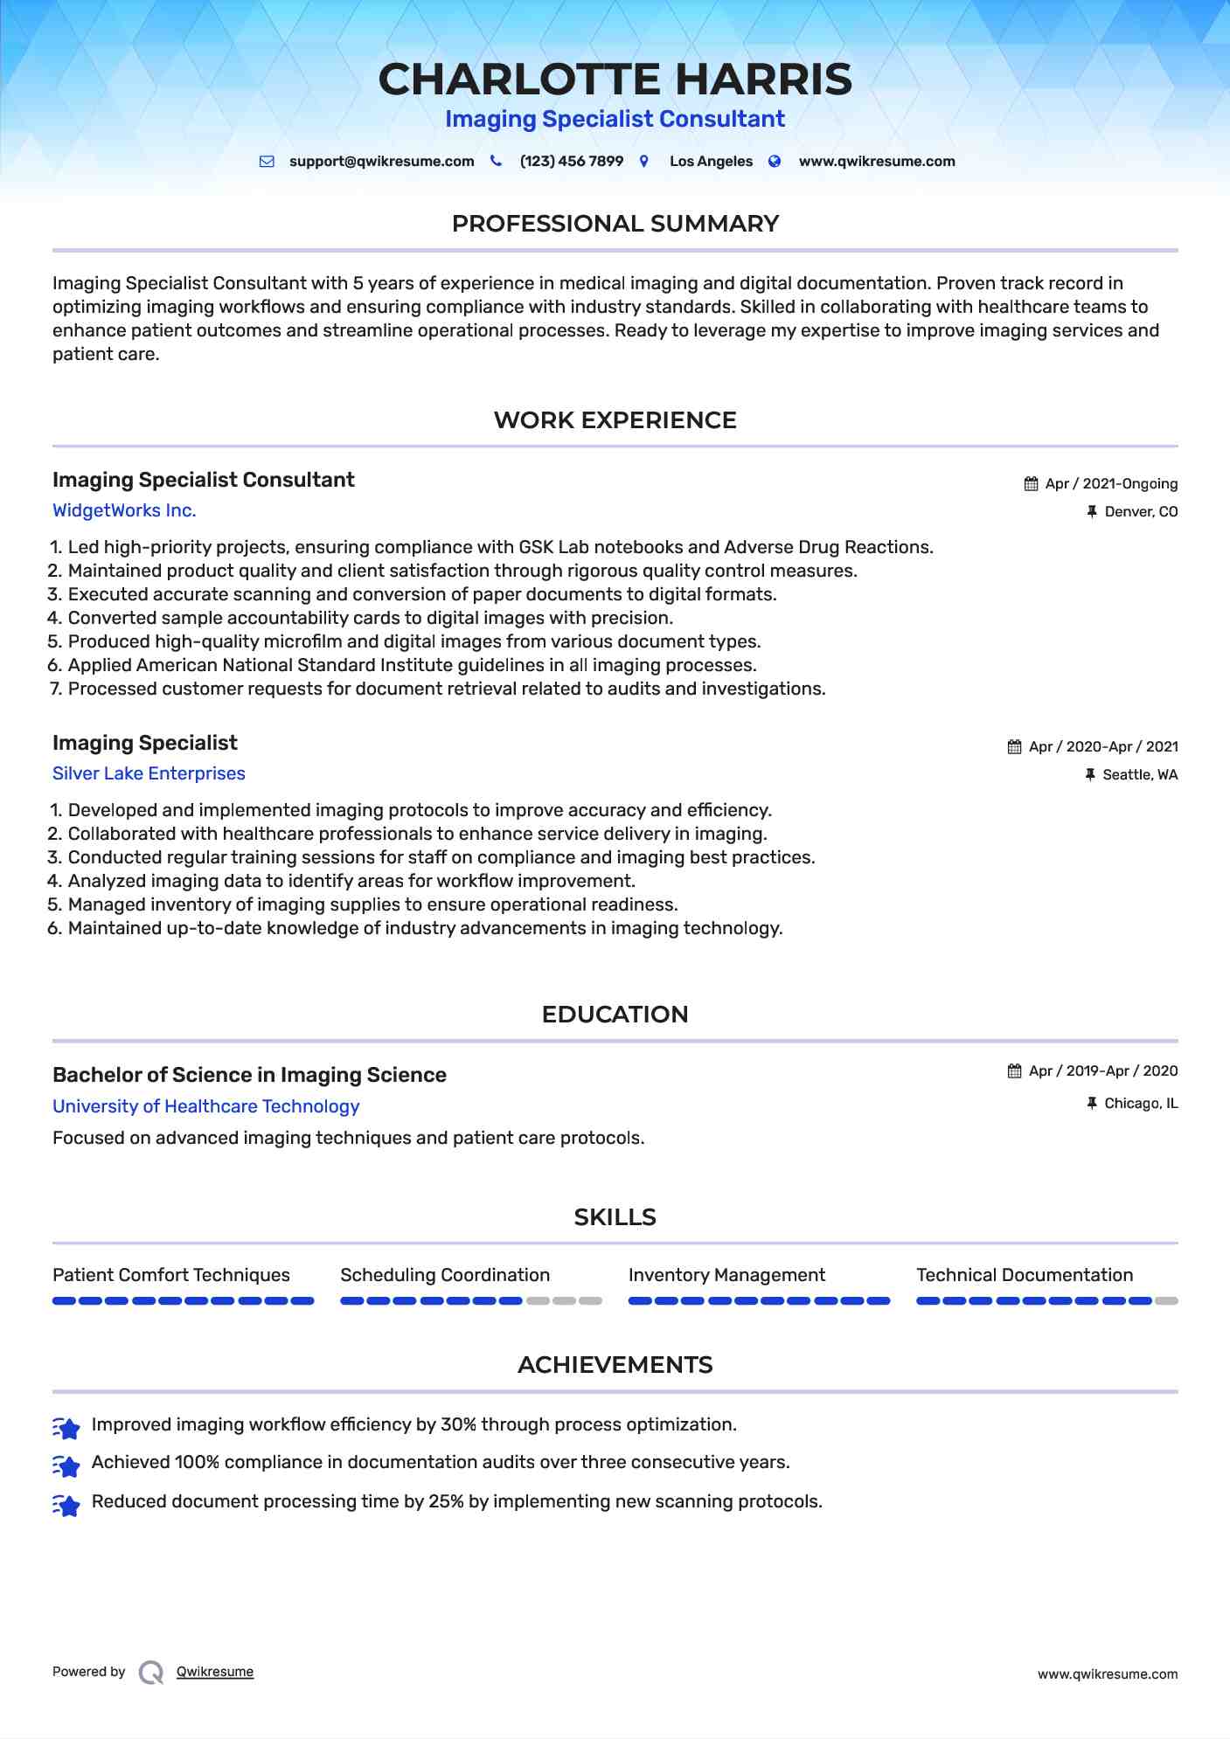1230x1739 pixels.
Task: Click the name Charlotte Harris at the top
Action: coord(615,80)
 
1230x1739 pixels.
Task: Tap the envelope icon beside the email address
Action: coord(268,162)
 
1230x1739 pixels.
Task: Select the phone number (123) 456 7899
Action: coord(571,162)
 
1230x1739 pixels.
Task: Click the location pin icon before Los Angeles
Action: coord(644,162)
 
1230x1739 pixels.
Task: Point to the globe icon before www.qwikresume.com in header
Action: coord(775,162)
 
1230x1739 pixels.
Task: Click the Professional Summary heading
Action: coord(615,224)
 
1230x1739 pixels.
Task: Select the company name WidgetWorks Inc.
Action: coord(124,510)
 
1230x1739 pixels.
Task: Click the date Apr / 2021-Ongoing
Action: coord(1110,484)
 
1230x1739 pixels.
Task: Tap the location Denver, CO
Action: coord(1140,512)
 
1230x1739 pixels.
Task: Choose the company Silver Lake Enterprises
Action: coord(149,773)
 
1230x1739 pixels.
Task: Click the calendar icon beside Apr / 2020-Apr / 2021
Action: coord(1014,747)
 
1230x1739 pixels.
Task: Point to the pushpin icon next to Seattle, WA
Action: coord(1090,775)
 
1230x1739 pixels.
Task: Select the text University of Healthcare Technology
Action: coord(205,1106)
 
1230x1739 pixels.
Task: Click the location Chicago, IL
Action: coord(1140,1104)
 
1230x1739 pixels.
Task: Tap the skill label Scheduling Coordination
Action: coord(445,1275)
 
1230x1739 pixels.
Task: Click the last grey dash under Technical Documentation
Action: coord(1166,1301)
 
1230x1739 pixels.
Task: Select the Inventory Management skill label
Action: coord(726,1275)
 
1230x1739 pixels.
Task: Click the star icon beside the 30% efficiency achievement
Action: coord(66,1427)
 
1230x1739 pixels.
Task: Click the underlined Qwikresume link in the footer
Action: coord(215,1672)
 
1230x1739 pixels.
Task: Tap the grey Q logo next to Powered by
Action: coord(151,1673)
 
